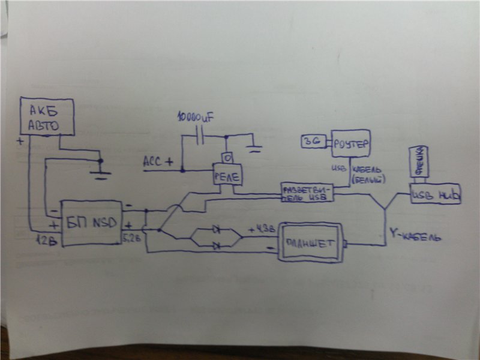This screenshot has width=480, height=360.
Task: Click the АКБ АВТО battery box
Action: click(x=47, y=116)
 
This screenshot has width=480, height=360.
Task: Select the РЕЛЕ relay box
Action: click(x=226, y=176)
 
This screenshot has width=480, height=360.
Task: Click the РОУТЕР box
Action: click(x=351, y=144)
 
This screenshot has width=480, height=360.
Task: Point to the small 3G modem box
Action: click(x=313, y=142)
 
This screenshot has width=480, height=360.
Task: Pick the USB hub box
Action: click(x=436, y=194)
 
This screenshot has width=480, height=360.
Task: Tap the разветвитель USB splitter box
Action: click(x=307, y=192)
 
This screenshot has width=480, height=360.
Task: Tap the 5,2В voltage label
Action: click(x=131, y=238)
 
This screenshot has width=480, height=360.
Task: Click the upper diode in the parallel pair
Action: click(x=216, y=230)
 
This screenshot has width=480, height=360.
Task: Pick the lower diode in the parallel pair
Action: click(x=216, y=245)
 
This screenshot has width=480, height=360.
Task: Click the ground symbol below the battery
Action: click(x=101, y=174)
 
